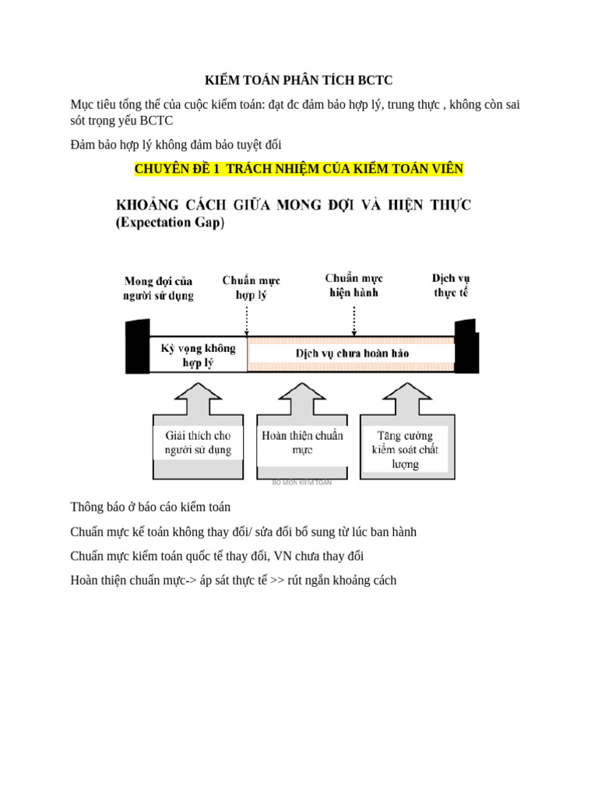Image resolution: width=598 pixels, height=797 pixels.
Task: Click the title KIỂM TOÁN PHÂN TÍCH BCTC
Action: tap(299, 80)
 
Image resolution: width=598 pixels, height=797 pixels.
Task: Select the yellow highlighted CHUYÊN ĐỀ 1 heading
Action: tap(299, 169)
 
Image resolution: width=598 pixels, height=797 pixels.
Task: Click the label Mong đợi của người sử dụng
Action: tap(158, 287)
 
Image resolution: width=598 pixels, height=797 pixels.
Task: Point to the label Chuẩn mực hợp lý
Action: tap(251, 287)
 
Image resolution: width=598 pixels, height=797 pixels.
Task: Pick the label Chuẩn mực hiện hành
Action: tap(354, 285)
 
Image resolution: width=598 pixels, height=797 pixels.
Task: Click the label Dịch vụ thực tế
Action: tap(451, 285)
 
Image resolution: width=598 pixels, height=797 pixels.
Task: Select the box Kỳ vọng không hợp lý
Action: tap(198, 355)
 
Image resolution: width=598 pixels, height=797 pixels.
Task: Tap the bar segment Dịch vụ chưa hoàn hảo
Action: tap(352, 353)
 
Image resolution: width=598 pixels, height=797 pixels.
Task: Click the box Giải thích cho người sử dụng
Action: tap(198, 443)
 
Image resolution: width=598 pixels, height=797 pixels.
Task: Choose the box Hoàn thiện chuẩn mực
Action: tap(302, 443)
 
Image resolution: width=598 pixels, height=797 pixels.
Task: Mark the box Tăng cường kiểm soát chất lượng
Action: tap(405, 449)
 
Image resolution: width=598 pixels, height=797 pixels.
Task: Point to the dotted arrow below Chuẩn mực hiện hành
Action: tap(354, 318)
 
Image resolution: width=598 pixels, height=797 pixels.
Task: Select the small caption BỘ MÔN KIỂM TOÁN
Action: tap(302, 483)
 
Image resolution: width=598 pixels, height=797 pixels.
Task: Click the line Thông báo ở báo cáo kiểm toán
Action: tap(150, 507)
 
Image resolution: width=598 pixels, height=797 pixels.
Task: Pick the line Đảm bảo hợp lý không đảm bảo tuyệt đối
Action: tap(175, 145)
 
